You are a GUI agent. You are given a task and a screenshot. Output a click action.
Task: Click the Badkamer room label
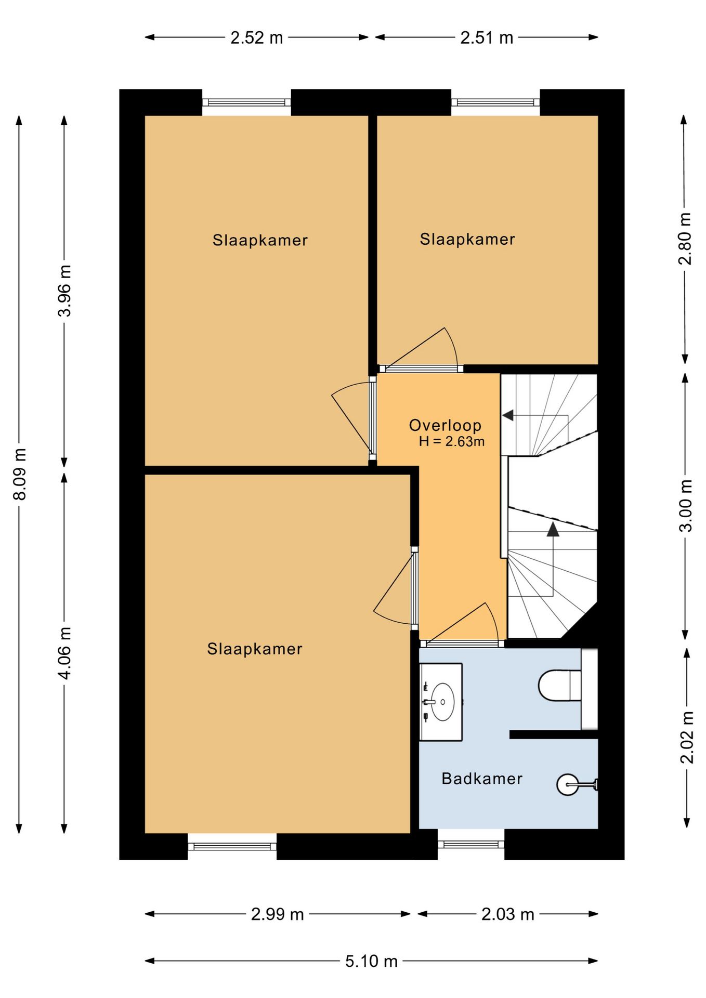click(481, 778)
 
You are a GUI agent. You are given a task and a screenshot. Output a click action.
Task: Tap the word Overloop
click(445, 425)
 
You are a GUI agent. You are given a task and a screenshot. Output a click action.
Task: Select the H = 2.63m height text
click(452, 442)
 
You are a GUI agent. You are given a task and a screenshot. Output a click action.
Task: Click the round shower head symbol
click(568, 784)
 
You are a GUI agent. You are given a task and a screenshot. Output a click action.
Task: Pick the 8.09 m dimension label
click(20, 474)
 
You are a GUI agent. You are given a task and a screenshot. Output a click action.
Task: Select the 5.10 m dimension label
click(371, 961)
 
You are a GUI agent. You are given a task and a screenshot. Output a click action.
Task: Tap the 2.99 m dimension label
click(277, 914)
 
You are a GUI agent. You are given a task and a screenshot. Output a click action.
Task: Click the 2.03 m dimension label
click(507, 914)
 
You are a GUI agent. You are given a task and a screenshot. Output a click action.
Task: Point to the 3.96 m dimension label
click(64, 291)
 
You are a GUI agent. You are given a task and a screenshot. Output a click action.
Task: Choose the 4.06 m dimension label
click(64, 653)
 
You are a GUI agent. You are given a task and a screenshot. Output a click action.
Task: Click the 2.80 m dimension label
click(685, 239)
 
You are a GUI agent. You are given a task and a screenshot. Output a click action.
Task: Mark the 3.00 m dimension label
click(686, 505)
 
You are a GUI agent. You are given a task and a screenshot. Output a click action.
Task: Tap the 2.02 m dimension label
click(687, 737)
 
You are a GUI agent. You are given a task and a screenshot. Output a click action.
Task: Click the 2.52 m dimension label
click(257, 38)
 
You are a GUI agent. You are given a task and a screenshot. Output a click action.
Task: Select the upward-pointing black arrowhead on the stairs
click(553, 529)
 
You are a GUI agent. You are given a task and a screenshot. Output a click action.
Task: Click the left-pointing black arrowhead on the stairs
click(508, 415)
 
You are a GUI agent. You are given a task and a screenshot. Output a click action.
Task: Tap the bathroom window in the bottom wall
click(471, 844)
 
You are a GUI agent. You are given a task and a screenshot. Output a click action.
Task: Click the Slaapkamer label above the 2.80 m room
click(467, 239)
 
